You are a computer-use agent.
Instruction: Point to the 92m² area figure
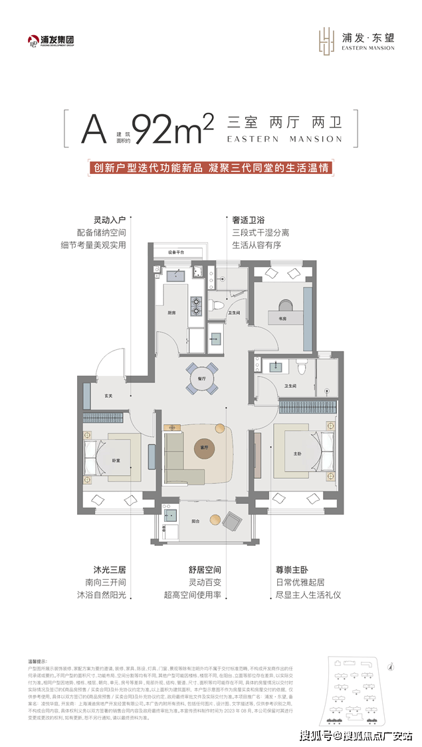[172, 127]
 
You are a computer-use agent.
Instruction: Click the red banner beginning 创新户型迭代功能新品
[211, 168]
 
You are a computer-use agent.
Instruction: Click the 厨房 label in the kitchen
[171, 313]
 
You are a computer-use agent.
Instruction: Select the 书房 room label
[282, 319]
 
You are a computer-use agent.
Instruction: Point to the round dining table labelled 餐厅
[201, 378]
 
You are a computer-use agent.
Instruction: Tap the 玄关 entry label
[108, 396]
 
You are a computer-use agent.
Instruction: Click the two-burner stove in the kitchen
[197, 306]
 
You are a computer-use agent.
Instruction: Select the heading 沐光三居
[109, 570]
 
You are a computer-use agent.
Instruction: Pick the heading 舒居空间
[204, 570]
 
